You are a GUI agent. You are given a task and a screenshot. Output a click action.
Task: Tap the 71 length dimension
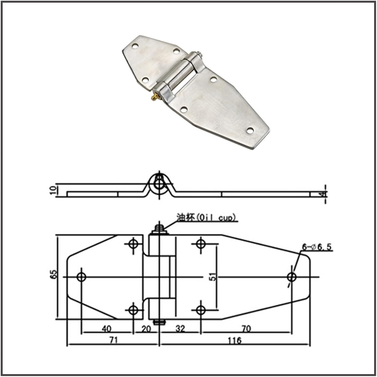point(113,340)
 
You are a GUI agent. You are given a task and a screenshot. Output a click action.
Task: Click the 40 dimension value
point(107,328)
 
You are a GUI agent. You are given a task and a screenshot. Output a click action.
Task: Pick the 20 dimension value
point(146,329)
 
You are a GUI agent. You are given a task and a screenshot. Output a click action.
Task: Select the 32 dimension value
point(180,328)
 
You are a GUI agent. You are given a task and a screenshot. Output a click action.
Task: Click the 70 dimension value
point(246,328)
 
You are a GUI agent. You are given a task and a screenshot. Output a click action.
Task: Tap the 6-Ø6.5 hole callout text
point(317,247)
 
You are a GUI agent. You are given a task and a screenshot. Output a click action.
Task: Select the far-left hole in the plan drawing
point(81,277)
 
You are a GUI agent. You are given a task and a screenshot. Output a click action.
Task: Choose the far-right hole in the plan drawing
point(292,277)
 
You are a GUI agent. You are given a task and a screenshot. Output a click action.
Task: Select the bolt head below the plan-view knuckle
point(159,322)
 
